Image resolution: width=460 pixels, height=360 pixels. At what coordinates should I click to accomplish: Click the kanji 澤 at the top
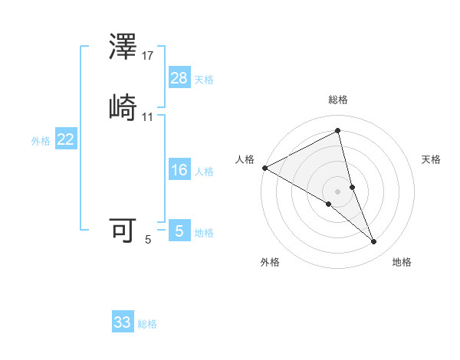point(123,48)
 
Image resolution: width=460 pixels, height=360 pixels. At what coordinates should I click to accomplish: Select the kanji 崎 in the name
point(123,106)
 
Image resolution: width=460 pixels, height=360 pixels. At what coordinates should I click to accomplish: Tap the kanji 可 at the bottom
point(123,230)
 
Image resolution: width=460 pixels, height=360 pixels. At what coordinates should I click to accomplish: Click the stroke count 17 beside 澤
point(148,56)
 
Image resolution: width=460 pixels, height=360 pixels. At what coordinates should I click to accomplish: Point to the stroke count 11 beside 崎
point(148,117)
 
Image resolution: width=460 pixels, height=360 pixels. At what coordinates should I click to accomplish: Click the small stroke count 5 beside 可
point(148,240)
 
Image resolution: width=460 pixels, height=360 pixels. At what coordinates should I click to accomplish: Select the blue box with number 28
point(179,77)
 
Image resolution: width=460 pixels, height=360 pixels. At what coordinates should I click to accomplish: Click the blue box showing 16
point(179,170)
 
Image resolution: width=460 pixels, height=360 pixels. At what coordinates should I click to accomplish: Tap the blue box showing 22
point(66,139)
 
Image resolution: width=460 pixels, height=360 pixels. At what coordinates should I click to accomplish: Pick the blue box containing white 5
point(179,231)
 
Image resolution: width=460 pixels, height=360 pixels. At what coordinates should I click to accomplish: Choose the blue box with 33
point(123,322)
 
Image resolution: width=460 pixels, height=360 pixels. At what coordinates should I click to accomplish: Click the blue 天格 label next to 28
point(204,80)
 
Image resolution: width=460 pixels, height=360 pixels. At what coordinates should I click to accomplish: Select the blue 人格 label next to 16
point(204,172)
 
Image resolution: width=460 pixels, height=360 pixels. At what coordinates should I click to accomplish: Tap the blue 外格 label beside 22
point(41,141)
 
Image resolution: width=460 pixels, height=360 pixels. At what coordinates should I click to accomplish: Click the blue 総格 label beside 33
point(147,324)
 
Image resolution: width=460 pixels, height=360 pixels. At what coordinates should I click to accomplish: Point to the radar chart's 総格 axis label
point(338,100)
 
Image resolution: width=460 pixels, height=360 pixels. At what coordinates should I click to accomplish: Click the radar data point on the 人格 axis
point(264,167)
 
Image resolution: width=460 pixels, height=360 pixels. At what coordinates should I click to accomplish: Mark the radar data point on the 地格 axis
point(374,242)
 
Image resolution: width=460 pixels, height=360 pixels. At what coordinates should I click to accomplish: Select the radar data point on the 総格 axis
point(338,132)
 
